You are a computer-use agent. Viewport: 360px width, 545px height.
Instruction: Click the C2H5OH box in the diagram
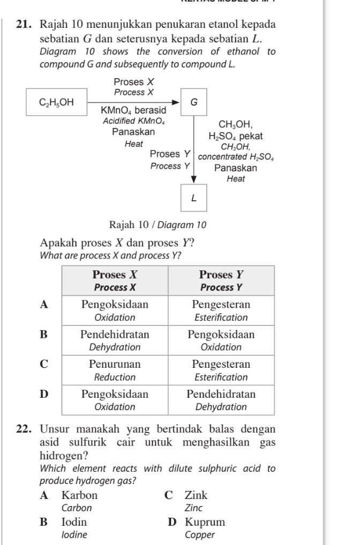pyautogui.click(x=56, y=101)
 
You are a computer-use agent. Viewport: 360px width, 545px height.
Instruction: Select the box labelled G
pyautogui.click(x=193, y=101)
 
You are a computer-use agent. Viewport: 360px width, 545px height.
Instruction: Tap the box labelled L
pyautogui.click(x=193, y=198)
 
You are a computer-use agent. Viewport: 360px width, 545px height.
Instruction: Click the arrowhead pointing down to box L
pyautogui.click(x=193, y=179)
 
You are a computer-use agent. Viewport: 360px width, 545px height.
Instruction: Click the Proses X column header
pyautogui.click(x=115, y=281)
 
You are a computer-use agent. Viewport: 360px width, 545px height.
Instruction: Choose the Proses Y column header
pyautogui.click(x=221, y=281)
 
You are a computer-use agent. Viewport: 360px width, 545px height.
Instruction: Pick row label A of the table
pyautogui.click(x=45, y=305)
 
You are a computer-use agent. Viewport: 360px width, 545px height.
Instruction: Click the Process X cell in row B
pyautogui.click(x=115, y=340)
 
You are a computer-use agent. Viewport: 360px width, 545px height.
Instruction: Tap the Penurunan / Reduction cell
pyautogui.click(x=115, y=370)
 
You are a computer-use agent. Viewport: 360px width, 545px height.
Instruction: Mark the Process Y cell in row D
pyautogui.click(x=221, y=400)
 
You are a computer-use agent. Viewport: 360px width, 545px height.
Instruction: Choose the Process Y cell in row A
pyautogui.click(x=221, y=311)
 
